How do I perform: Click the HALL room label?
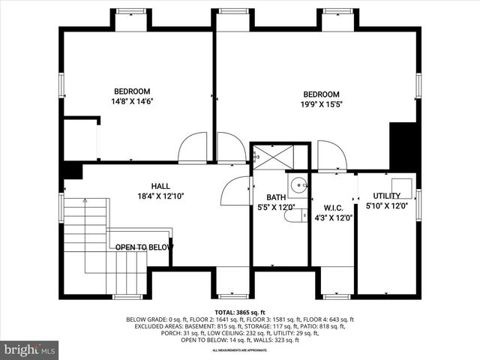[x=160, y=186]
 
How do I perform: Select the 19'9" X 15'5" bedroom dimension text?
[x=321, y=105]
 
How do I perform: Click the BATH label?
[x=265, y=196]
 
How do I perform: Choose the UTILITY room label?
[x=387, y=196]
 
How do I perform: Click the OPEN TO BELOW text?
[x=144, y=247]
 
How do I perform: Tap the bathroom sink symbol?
[x=298, y=184]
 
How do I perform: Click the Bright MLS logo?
[x=30, y=349]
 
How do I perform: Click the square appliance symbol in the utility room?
[x=403, y=185]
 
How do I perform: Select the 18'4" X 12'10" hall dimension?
[x=160, y=196]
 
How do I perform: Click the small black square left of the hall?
[x=72, y=171]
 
